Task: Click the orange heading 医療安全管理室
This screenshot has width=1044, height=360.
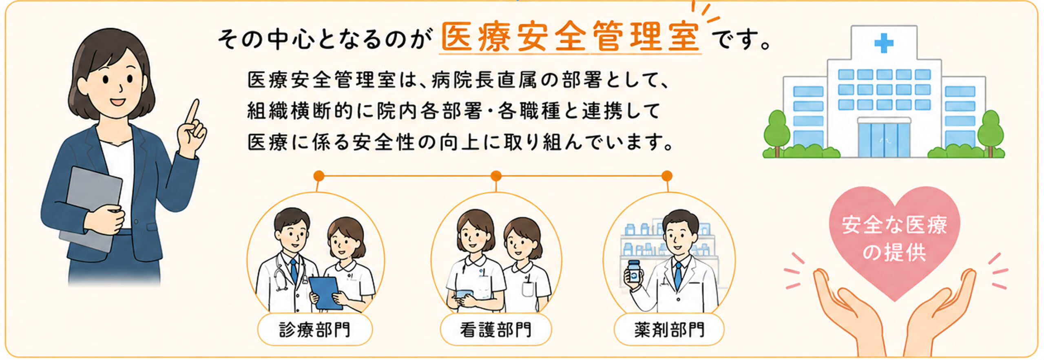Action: pyautogui.click(x=571, y=37)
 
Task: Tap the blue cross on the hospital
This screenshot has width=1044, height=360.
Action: pyautogui.click(x=884, y=43)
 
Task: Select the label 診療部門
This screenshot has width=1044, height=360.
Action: pyautogui.click(x=314, y=330)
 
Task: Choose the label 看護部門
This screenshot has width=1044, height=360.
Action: pyautogui.click(x=495, y=330)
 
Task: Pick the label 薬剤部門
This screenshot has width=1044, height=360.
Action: pyautogui.click(x=669, y=330)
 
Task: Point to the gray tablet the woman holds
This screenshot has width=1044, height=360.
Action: pyautogui.click(x=91, y=208)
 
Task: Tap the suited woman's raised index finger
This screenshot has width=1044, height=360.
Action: pyautogui.click(x=192, y=111)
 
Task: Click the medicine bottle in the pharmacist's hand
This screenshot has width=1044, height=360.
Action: pyautogui.click(x=633, y=274)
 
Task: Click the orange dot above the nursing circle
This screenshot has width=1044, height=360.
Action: pyautogui.click(x=495, y=176)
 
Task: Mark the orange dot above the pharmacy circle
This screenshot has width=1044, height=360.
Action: pyautogui.click(x=667, y=176)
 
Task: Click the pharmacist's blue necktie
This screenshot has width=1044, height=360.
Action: pyautogui.click(x=678, y=276)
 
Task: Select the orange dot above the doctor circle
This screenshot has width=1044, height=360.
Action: pyautogui.click(x=319, y=176)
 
